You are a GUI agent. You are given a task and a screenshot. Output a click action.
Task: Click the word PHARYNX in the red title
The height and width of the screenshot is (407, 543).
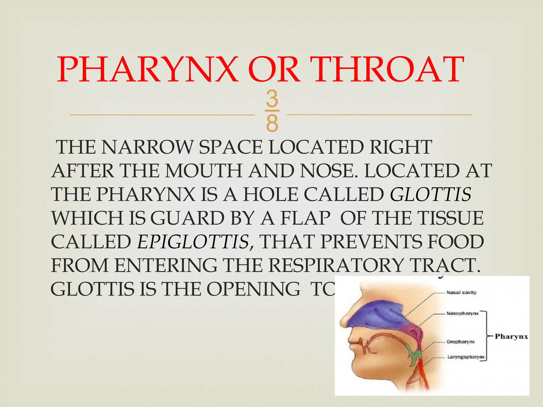(147, 69)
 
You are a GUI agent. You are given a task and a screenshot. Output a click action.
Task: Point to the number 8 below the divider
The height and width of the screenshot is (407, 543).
(272, 123)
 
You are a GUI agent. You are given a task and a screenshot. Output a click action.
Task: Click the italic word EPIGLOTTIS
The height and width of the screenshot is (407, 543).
(193, 242)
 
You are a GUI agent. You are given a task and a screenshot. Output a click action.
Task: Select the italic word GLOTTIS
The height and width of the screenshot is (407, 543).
(431, 194)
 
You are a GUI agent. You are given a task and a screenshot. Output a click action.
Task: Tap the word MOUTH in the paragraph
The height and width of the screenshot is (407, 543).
(204, 171)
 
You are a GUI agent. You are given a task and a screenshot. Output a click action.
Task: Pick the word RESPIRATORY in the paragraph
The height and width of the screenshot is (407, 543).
(336, 265)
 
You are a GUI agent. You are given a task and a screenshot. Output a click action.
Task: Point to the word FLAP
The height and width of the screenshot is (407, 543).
(305, 218)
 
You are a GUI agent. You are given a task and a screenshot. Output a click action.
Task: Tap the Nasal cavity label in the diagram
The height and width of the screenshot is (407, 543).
(462, 293)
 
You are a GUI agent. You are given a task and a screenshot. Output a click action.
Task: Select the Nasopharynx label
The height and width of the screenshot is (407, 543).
(463, 313)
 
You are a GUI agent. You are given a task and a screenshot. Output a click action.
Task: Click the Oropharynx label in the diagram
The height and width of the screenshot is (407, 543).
(461, 342)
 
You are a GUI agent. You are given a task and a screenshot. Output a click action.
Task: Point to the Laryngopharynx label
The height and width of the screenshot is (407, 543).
(466, 357)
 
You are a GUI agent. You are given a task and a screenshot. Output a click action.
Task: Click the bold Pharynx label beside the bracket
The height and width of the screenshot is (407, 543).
(511, 337)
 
